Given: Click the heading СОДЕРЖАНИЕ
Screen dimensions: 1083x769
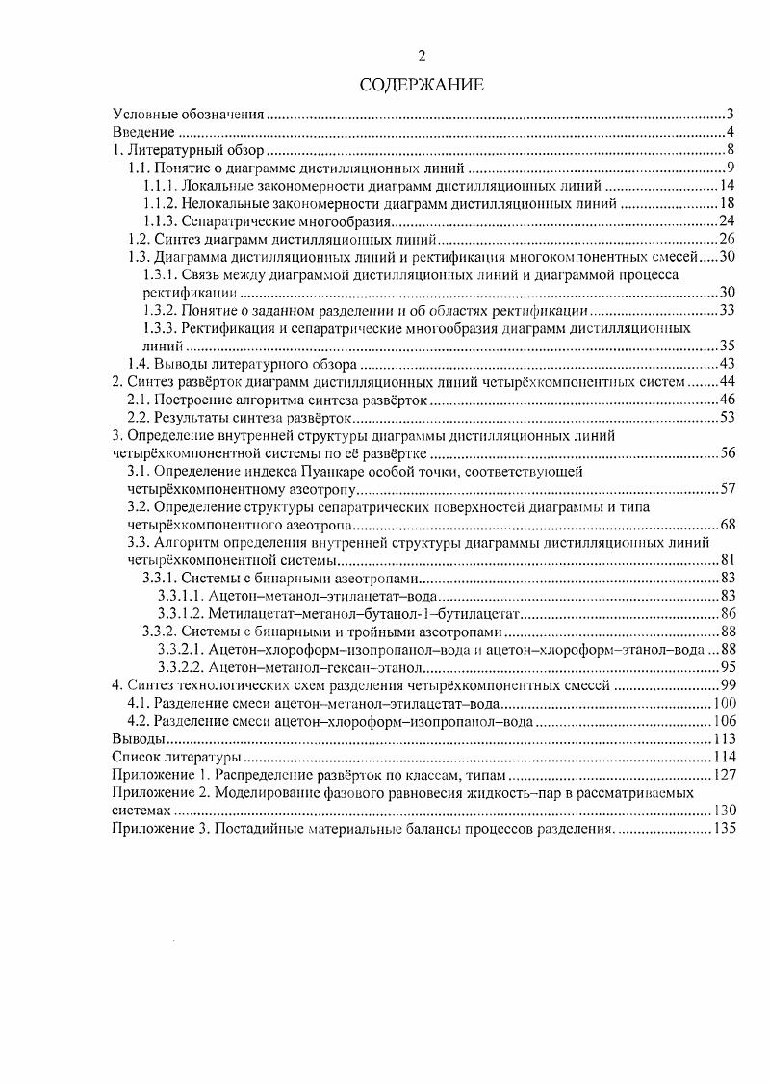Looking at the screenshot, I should pos(421,85).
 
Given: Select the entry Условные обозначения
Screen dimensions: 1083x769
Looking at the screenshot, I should pos(190,115).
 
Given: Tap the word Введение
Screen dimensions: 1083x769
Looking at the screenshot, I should pos(143,132).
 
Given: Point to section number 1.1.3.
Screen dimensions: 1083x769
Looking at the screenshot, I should pos(162,219).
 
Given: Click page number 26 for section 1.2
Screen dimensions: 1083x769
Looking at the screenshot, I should pos(727,238).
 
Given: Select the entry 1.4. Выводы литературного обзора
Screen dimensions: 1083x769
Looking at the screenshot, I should pos(243,363).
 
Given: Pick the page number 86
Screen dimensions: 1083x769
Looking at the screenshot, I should pos(727,613).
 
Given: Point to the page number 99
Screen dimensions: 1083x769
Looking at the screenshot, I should pos(727,685).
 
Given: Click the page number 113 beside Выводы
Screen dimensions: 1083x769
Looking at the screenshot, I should pos(723,739).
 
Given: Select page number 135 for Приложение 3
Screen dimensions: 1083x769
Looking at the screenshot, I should pos(723,829).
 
